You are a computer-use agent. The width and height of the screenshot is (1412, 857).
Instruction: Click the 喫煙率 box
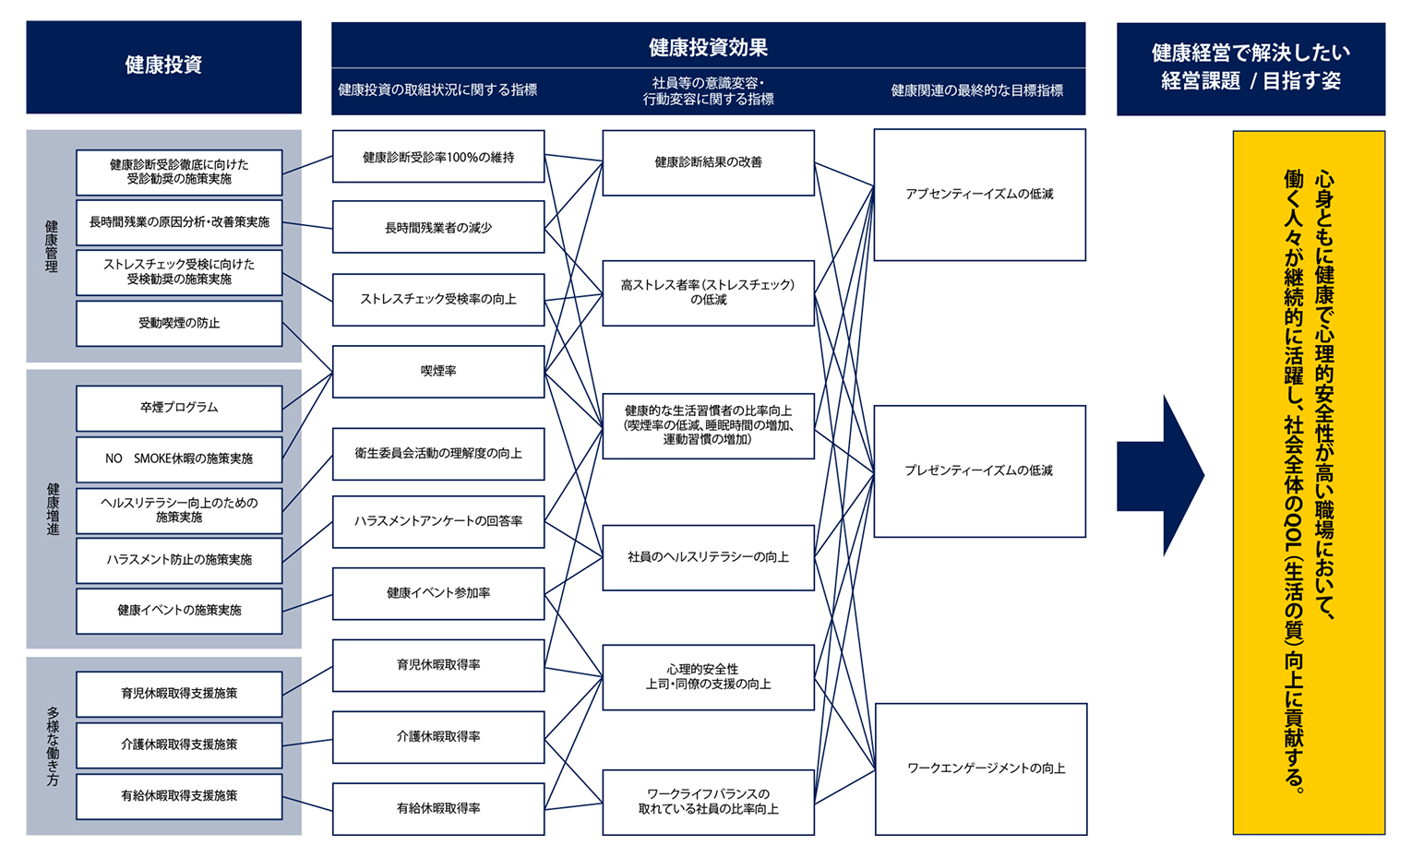tap(437, 371)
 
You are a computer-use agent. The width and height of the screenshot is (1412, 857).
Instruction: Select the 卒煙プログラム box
tap(179, 408)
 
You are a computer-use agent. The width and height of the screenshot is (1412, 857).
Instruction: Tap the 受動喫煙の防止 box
tap(179, 324)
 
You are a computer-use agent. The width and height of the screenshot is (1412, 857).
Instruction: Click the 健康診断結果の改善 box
tap(708, 162)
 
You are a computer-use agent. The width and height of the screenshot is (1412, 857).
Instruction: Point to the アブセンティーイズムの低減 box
tap(979, 195)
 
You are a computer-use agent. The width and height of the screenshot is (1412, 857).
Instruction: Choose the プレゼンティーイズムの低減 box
tap(979, 470)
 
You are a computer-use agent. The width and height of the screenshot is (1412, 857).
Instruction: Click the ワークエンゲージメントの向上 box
tap(980, 768)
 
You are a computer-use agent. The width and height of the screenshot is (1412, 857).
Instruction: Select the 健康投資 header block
tap(163, 66)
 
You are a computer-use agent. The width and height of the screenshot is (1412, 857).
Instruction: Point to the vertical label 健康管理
tap(52, 246)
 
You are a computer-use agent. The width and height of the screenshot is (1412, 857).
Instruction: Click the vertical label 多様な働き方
tap(53, 746)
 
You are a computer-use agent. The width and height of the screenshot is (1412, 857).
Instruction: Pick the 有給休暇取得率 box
tap(437, 808)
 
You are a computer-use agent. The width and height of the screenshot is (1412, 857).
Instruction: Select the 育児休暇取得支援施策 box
tap(179, 694)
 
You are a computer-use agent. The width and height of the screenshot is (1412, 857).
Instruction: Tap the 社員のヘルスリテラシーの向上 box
tap(708, 557)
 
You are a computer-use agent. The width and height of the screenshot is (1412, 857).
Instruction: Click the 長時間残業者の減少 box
tap(437, 227)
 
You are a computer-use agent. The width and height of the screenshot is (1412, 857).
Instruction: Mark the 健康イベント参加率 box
tap(437, 593)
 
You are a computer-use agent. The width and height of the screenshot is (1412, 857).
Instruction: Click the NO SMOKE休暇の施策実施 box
tap(179, 458)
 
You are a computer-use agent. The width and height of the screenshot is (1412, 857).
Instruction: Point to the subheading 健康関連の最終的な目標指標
tap(976, 90)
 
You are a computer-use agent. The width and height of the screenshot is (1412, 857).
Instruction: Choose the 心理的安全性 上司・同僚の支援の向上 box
tap(708, 677)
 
